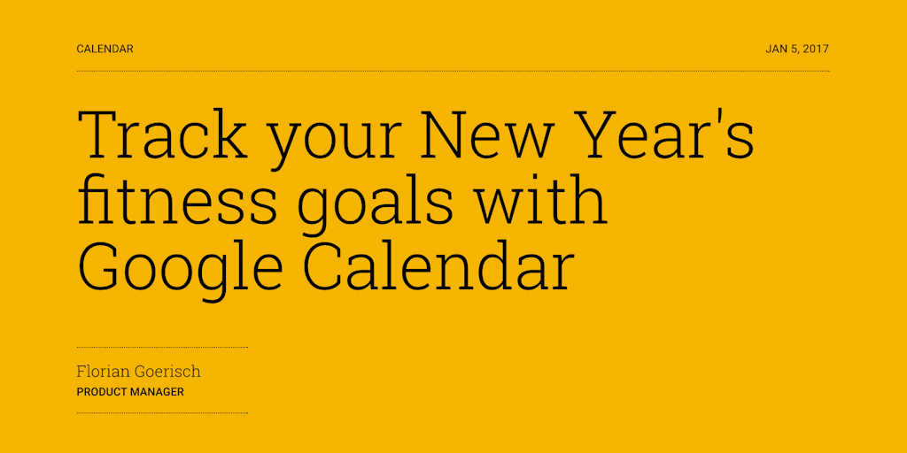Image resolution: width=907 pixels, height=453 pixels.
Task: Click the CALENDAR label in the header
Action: (105, 50)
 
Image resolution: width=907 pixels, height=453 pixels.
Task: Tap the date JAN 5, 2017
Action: (797, 50)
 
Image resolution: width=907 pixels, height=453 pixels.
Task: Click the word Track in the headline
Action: (163, 135)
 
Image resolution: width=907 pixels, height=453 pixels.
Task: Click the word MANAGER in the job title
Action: (159, 392)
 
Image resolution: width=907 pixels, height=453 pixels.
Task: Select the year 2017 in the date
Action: (816, 50)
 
